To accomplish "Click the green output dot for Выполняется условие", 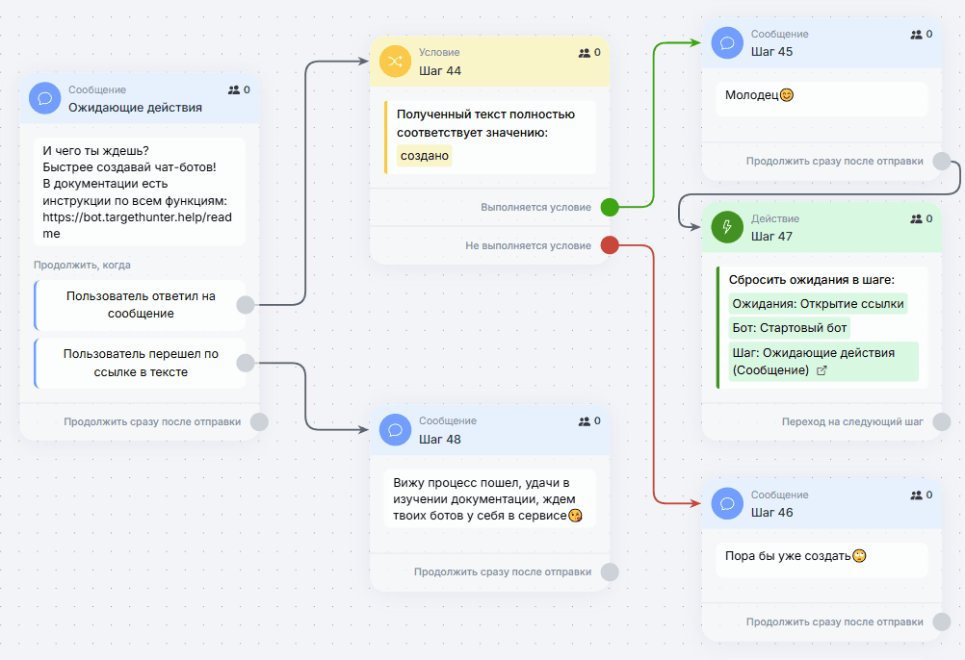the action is point(610,207).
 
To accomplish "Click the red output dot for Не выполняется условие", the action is point(610,245).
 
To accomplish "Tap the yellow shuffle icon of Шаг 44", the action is point(395,62).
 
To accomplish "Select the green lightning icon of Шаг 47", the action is point(727,227).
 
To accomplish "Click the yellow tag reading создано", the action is point(424,156).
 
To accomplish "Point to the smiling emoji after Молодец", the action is point(787,95).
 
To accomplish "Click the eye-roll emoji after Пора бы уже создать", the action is point(859,556).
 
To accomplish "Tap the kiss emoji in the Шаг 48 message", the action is point(575,516).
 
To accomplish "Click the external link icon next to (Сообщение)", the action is point(822,370).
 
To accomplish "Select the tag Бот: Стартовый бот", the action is point(790,327).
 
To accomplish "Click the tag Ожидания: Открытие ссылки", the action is point(818,304).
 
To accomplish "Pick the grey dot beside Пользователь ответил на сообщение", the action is point(246,305).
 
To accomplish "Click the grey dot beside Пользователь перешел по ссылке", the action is point(246,363).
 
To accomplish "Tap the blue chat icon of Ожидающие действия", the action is point(45,98).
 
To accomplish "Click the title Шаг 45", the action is point(771,52).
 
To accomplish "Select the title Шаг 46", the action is point(771,513).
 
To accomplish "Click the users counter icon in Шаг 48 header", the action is point(584,421).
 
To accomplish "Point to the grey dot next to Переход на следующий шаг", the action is point(942,421).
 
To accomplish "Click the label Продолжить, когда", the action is point(82,265).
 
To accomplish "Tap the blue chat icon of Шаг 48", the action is point(395,430).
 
